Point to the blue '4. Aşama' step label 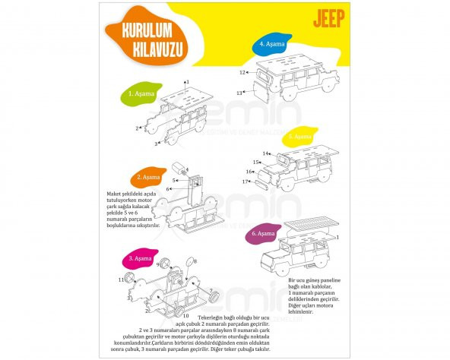pyautogui.click(x=271, y=44)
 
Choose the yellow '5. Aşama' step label pyautogui.click(x=299, y=137)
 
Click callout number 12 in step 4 pyautogui.click(x=242, y=73)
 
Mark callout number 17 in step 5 pyautogui.click(x=246, y=182)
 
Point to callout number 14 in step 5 pyautogui.click(x=266, y=153)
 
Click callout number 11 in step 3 pyautogui.click(x=121, y=280)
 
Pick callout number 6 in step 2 pyautogui.click(x=168, y=188)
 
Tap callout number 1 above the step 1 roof pyautogui.click(x=187, y=81)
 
